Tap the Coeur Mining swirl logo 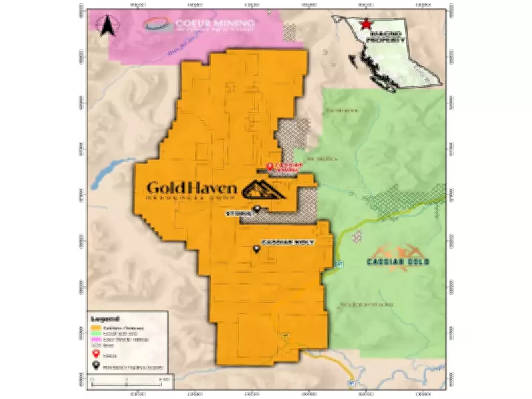(x=157, y=25)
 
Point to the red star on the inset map (x=364, y=25)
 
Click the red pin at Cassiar (x=269, y=166)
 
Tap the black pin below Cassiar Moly (x=257, y=249)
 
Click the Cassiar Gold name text (x=398, y=261)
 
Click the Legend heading (x=105, y=319)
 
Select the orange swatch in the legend (x=96, y=327)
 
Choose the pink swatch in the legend (x=96, y=340)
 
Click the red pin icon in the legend (x=96, y=354)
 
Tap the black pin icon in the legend (x=96, y=365)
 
